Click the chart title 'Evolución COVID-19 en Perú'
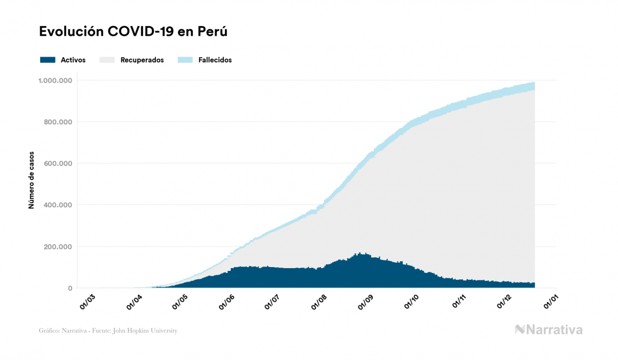[x=133, y=32]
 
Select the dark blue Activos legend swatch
[x=48, y=60]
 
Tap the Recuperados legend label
[x=142, y=60]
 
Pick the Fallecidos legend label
[x=215, y=60]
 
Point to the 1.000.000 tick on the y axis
[x=55, y=81]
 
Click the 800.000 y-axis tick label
[x=57, y=122]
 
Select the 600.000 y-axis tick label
[x=57, y=163]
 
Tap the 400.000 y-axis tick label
[x=57, y=205]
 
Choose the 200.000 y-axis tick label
[x=57, y=247]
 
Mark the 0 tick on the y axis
[x=69, y=288]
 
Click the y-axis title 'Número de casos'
[x=32, y=179]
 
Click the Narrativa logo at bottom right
[x=549, y=330]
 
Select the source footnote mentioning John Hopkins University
[x=108, y=331]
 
